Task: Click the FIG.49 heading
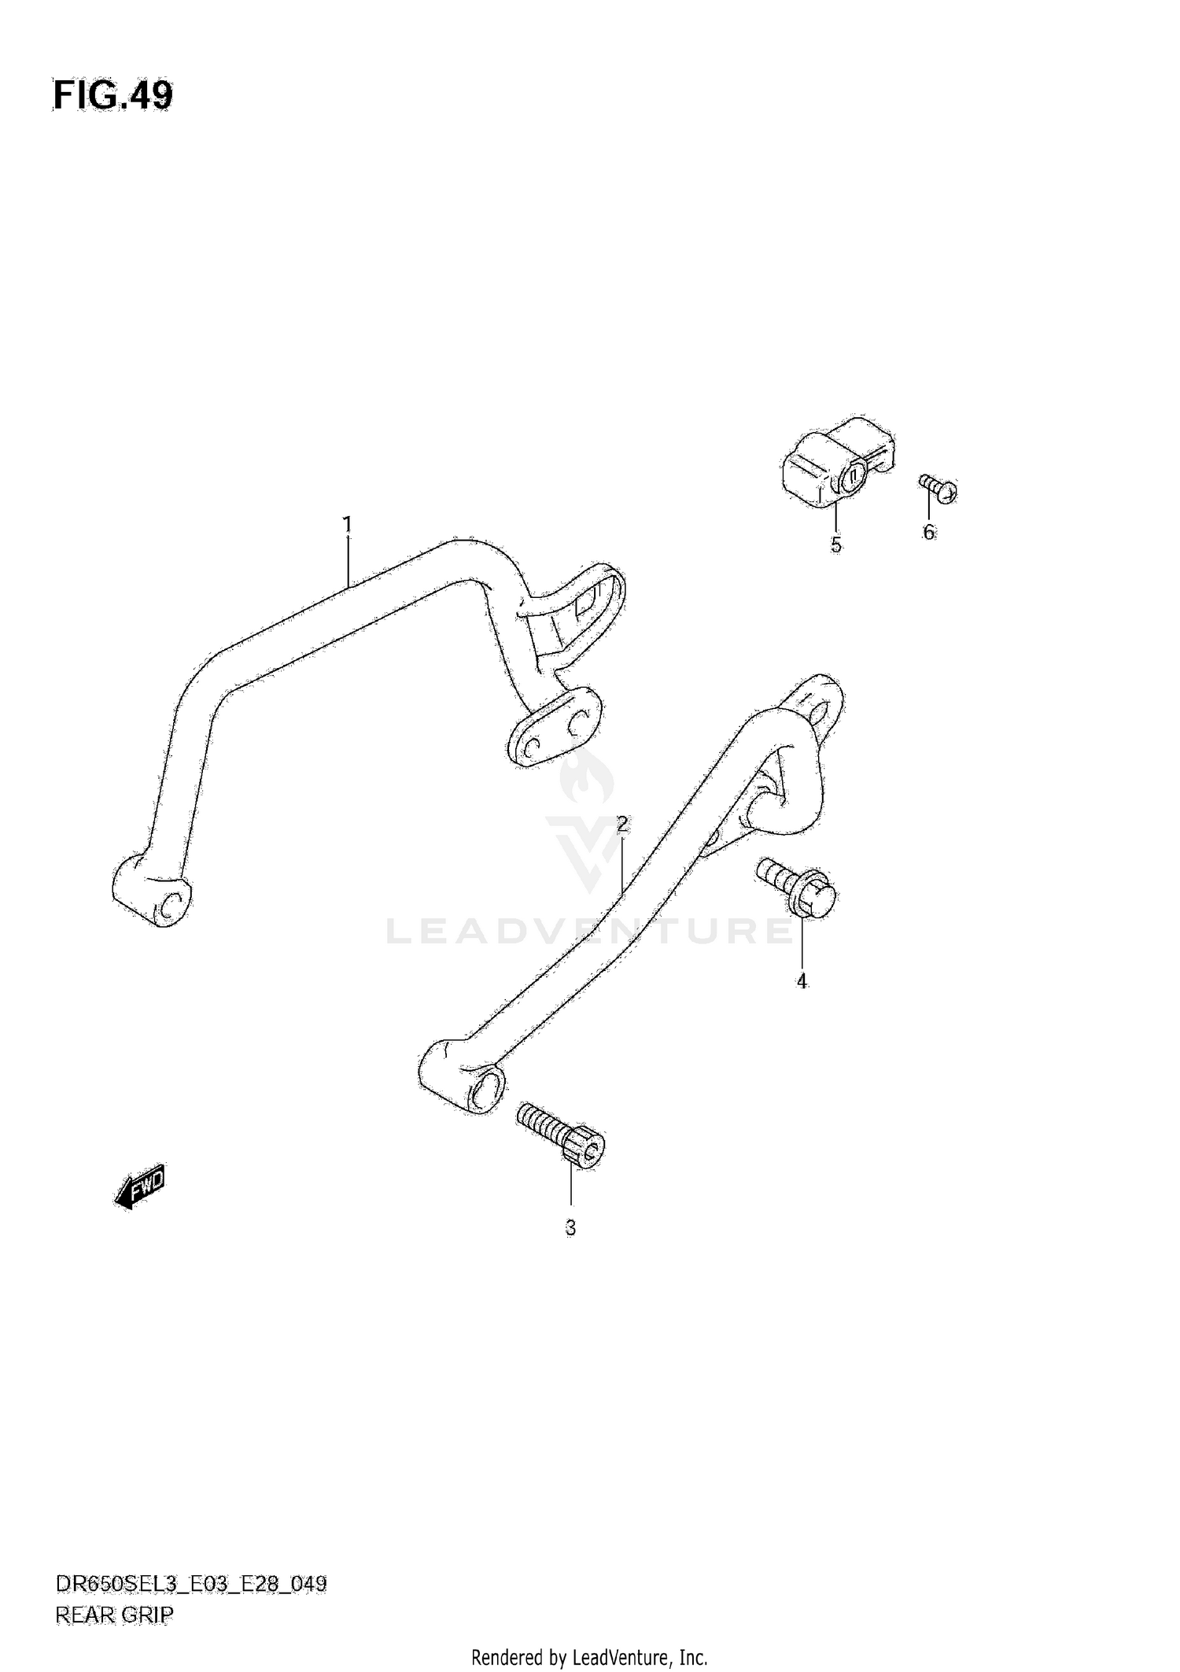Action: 112,96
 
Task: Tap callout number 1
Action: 347,524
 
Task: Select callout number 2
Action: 622,824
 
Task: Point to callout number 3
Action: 570,1227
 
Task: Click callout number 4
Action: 802,981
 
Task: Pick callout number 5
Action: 835,544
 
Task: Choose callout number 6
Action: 929,533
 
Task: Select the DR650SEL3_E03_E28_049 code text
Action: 190,1583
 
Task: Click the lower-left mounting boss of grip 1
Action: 152,891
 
